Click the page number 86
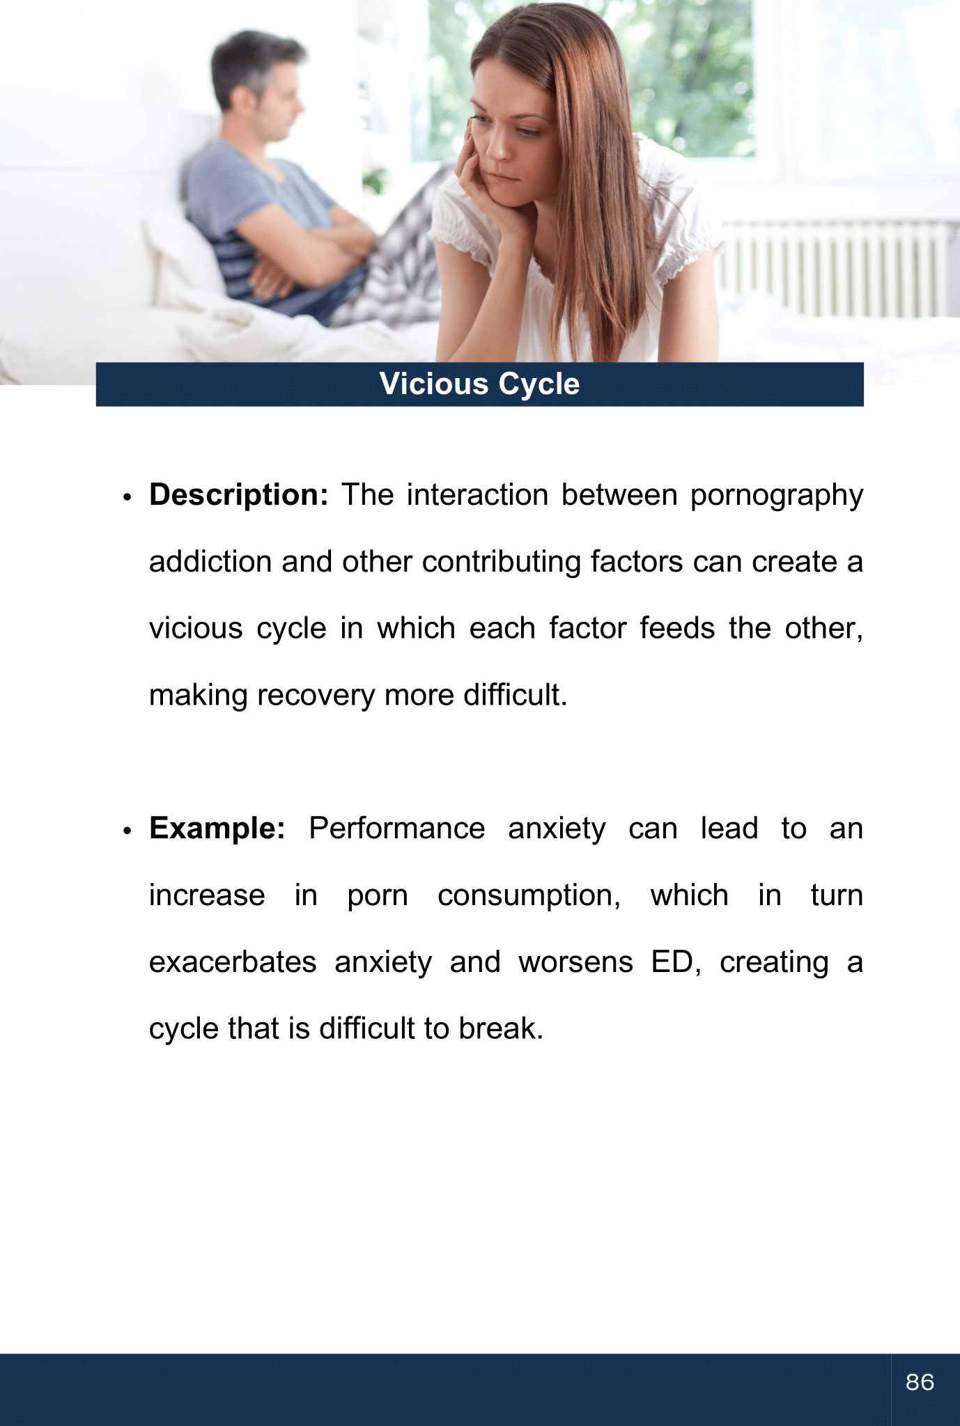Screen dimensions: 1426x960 click(x=920, y=1381)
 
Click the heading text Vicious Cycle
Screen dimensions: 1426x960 click(x=479, y=384)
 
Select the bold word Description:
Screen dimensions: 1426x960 click(x=238, y=495)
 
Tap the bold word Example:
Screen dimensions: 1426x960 click(x=217, y=829)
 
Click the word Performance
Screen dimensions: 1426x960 click(x=396, y=829)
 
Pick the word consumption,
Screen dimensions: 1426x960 click(x=529, y=896)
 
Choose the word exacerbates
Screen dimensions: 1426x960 click(x=233, y=962)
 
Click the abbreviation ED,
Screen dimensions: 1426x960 click(x=676, y=962)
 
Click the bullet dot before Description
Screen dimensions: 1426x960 click(x=127, y=498)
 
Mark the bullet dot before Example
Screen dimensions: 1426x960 click(x=127, y=831)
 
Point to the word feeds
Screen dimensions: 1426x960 click(x=676, y=629)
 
